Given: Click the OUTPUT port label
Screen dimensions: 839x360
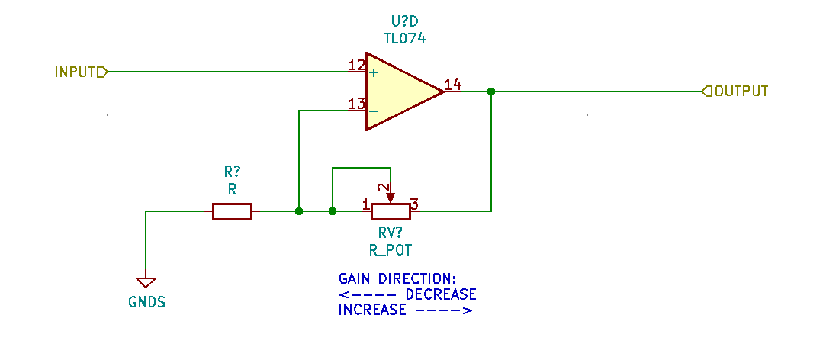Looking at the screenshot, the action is (741, 91).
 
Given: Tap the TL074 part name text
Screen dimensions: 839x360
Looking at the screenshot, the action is (404, 38).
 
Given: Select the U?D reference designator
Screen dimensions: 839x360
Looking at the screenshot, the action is (404, 22).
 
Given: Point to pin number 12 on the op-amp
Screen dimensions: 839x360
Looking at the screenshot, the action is (356, 66).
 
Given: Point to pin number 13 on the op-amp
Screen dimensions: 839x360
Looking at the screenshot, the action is (356, 104).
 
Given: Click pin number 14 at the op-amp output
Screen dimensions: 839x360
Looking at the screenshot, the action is (452, 85).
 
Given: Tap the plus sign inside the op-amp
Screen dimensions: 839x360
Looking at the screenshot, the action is (374, 72).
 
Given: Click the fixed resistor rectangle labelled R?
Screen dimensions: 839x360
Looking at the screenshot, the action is (232, 211).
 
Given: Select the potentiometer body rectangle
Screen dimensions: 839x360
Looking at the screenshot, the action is (391, 211).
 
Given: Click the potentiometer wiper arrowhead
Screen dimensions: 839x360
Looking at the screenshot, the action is (391, 198).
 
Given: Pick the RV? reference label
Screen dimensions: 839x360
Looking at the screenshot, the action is (390, 233).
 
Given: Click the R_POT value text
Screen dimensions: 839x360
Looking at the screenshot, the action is (390, 250).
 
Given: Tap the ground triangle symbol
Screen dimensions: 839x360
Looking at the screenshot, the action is (146, 283).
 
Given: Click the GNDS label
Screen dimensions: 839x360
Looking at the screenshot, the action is (147, 302).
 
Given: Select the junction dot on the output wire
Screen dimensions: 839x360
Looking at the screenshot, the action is (491, 92).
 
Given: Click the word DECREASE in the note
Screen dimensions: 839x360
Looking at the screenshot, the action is (441, 294).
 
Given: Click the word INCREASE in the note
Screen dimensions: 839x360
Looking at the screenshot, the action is (372, 310).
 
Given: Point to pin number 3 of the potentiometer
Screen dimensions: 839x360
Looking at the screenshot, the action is (414, 204).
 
